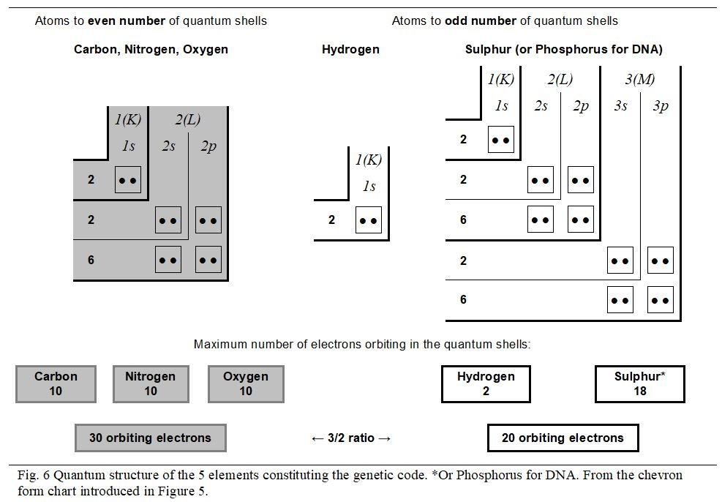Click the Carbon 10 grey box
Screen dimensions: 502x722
[x=56, y=384]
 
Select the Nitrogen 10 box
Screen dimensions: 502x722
[x=150, y=384]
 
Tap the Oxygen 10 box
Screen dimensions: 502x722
[x=246, y=384]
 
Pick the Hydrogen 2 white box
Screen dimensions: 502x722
[x=486, y=384]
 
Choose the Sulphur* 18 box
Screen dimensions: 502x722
[x=639, y=384]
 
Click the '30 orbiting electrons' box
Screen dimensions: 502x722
[x=150, y=438]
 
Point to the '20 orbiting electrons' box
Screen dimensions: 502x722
[x=563, y=438]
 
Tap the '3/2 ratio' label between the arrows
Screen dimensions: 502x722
[x=351, y=438]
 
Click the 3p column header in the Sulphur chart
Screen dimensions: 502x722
[x=660, y=106]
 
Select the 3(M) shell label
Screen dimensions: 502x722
[x=640, y=79]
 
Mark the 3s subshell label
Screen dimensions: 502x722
[x=620, y=106]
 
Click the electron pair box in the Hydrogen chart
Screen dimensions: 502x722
[x=369, y=220]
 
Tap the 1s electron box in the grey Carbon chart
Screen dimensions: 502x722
[x=128, y=179]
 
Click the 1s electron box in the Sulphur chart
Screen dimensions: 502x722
[x=501, y=139]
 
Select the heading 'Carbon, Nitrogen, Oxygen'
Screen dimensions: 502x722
[x=151, y=50]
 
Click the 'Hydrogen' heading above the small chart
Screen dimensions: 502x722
[x=350, y=50]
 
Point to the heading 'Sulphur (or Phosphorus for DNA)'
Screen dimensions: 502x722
[x=563, y=50]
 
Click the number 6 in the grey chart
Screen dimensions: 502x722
[x=91, y=260]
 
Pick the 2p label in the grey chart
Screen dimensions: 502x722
[x=208, y=146]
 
